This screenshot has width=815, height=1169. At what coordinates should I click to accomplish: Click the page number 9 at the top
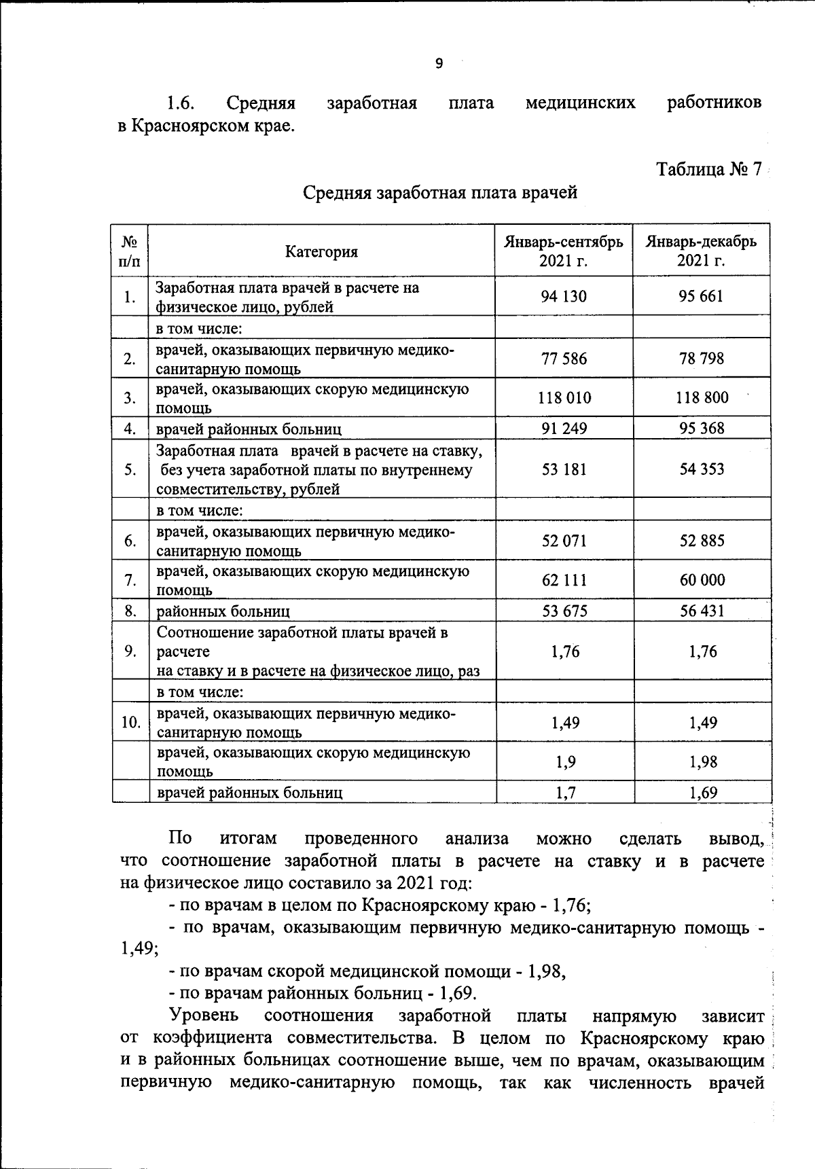439,64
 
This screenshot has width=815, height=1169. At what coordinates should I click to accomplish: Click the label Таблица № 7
708,169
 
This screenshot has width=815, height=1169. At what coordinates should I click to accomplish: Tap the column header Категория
321,252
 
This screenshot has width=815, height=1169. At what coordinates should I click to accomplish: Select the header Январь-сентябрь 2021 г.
563,251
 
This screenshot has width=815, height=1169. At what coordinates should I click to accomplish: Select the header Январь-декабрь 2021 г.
701,251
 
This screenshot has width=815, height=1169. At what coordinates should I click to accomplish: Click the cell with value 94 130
564,296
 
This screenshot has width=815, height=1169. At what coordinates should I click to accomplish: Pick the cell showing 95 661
701,296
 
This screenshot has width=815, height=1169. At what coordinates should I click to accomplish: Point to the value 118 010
564,398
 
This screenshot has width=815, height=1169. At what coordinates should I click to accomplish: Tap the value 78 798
702,359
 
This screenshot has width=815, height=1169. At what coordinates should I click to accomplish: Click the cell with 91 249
564,428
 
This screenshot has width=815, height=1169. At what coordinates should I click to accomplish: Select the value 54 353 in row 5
702,469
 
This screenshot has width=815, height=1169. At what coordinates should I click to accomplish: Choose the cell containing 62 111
564,580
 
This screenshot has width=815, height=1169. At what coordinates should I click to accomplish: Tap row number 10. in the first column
130,722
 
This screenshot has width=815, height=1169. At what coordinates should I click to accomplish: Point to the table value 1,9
565,762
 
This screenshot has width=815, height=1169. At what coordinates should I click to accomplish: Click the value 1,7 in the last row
565,792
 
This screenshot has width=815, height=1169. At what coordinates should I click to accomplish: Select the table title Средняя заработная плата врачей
439,193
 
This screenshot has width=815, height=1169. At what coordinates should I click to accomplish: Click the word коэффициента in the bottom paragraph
213,1038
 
